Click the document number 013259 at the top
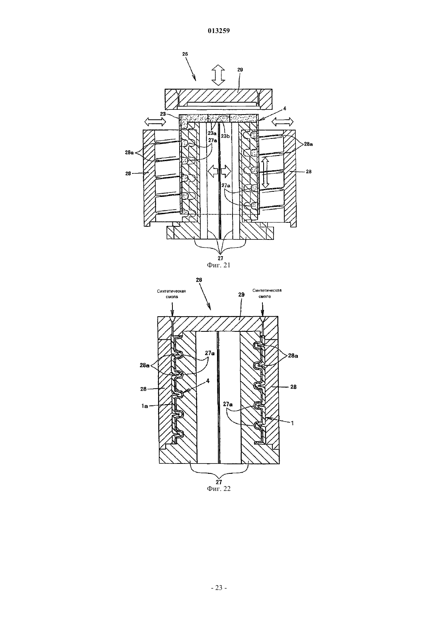pos(219,31)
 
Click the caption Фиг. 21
pos(219,265)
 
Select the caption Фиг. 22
pos(219,489)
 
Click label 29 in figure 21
pos(240,70)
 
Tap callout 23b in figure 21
pos(225,136)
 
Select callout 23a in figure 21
pos(212,132)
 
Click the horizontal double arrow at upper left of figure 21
pos(155,121)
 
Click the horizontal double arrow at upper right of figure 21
pos(283,121)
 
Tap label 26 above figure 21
pos(185,54)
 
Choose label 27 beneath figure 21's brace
pos(220,258)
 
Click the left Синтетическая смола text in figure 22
pos(172,294)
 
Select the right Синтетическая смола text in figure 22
pos(267,293)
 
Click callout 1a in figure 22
pos(145,406)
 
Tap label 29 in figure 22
pos(241,294)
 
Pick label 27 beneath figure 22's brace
pos(219,482)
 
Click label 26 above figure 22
pos(199,280)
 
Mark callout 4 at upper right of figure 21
pos(285,109)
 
